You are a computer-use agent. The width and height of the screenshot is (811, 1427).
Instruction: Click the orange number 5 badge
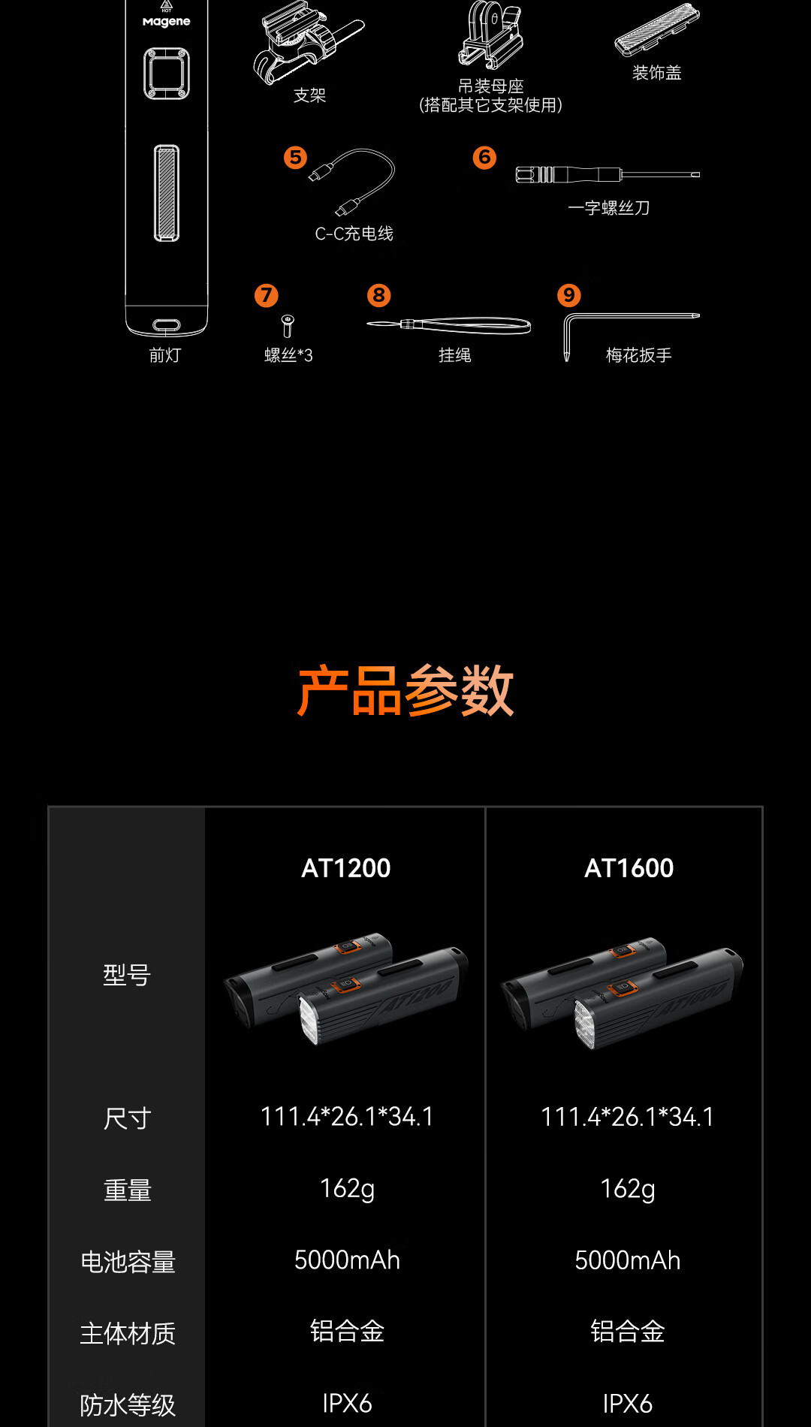(x=295, y=157)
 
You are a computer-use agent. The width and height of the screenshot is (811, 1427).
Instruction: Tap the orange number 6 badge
(x=484, y=157)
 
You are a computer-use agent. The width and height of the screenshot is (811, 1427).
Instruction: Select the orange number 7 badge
(x=266, y=295)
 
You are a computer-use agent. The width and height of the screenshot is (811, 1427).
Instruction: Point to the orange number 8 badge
(x=378, y=295)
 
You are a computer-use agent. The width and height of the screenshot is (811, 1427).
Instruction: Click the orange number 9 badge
(x=568, y=295)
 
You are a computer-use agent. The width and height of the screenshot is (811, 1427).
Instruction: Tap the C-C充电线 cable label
(x=354, y=234)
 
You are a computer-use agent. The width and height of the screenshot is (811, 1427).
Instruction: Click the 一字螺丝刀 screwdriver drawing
(x=607, y=175)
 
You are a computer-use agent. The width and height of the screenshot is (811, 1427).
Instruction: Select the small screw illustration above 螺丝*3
(x=287, y=326)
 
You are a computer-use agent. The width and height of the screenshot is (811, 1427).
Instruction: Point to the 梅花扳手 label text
(x=638, y=355)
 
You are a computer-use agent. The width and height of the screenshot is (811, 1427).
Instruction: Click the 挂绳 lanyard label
(x=455, y=355)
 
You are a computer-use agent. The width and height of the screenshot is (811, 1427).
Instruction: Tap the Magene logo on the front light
(x=167, y=22)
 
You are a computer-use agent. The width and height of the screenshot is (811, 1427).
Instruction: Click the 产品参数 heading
(x=405, y=691)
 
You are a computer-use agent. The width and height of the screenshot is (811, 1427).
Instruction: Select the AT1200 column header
(x=346, y=868)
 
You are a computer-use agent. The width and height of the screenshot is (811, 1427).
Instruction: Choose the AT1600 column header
(x=629, y=868)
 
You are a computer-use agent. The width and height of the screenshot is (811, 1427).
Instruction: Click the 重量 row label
(x=128, y=1190)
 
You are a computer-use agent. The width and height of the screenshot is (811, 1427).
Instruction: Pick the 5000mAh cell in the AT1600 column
(x=628, y=1260)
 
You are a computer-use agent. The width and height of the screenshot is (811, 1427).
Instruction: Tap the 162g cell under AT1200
(x=347, y=1190)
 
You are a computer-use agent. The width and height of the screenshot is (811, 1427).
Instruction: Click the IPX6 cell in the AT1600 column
(x=628, y=1404)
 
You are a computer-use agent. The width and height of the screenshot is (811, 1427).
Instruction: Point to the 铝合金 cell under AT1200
(x=347, y=1332)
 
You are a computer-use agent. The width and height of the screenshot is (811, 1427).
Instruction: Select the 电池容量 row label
(x=128, y=1262)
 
